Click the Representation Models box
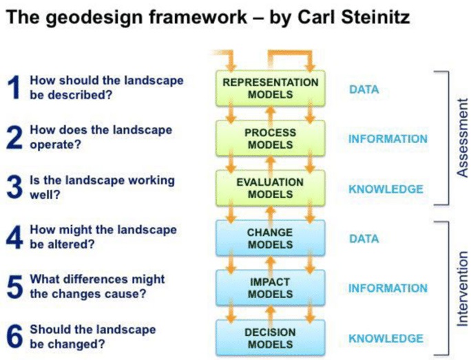pos(271,88)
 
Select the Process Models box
pos(271,138)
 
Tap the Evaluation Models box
pos(271,188)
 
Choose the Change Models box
pos(271,238)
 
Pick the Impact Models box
pos(271,288)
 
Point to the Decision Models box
pos(271,338)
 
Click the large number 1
pos(14,87)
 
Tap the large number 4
pos(14,237)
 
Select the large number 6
pos(14,337)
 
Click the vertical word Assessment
pos(462,138)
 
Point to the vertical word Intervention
pos(462,288)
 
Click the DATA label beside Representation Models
pos(364,89)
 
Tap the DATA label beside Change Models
pos(364,239)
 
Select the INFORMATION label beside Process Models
pos(388,139)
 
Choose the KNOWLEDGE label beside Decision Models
pos(386,339)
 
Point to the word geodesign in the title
pos(95,18)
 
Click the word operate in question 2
pos(56,145)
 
